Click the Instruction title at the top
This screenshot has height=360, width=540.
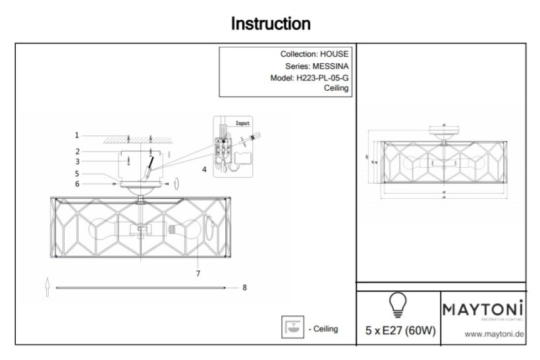[270, 24]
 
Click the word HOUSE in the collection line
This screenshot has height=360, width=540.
[335, 55]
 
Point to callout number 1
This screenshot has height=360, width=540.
[77, 135]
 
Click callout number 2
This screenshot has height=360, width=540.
[77, 151]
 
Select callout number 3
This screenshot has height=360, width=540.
[77, 161]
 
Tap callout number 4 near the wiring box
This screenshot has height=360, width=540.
[205, 169]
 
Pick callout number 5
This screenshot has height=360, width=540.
[77, 174]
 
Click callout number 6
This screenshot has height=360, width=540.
[77, 184]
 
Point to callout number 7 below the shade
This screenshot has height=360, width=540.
[198, 272]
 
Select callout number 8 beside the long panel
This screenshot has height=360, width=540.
[244, 288]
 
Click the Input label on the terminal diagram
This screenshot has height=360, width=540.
[244, 123]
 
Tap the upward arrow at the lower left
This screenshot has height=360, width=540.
[47, 287]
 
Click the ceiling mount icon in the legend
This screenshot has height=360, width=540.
[290, 327]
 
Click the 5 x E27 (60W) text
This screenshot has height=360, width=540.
[400, 330]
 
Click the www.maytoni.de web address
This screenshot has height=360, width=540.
[494, 334]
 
